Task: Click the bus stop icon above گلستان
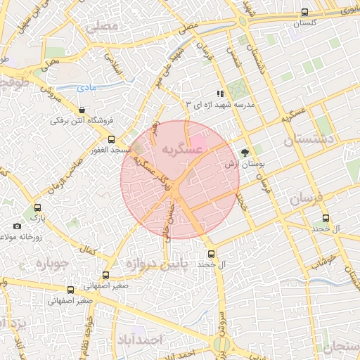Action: [304, 12]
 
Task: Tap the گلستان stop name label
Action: [304, 23]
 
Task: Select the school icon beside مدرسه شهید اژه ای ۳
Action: [220, 93]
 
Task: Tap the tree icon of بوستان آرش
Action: [245, 153]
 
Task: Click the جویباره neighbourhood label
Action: [46, 265]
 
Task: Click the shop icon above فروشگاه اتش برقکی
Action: [83, 110]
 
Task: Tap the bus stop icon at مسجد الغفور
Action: [111, 139]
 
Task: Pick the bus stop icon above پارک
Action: [37, 207]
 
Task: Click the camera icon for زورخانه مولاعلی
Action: [18, 226]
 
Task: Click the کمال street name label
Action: [88, 250]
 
